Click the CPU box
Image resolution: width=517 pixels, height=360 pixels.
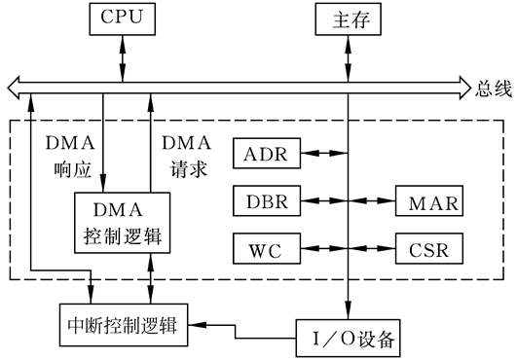[123, 18]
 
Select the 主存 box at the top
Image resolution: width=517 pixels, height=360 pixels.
[347, 18]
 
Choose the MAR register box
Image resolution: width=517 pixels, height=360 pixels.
[429, 201]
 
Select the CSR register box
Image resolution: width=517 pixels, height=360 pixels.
[429, 249]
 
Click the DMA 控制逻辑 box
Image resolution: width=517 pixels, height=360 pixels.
[124, 223]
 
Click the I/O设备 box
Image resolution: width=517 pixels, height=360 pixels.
[349, 339]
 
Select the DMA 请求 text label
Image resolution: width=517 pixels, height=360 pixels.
[185, 155]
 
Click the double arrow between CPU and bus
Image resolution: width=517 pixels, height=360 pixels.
[123, 56]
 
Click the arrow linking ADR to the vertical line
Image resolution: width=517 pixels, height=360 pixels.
[323, 153]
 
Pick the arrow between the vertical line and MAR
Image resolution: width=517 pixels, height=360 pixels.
[372, 201]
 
